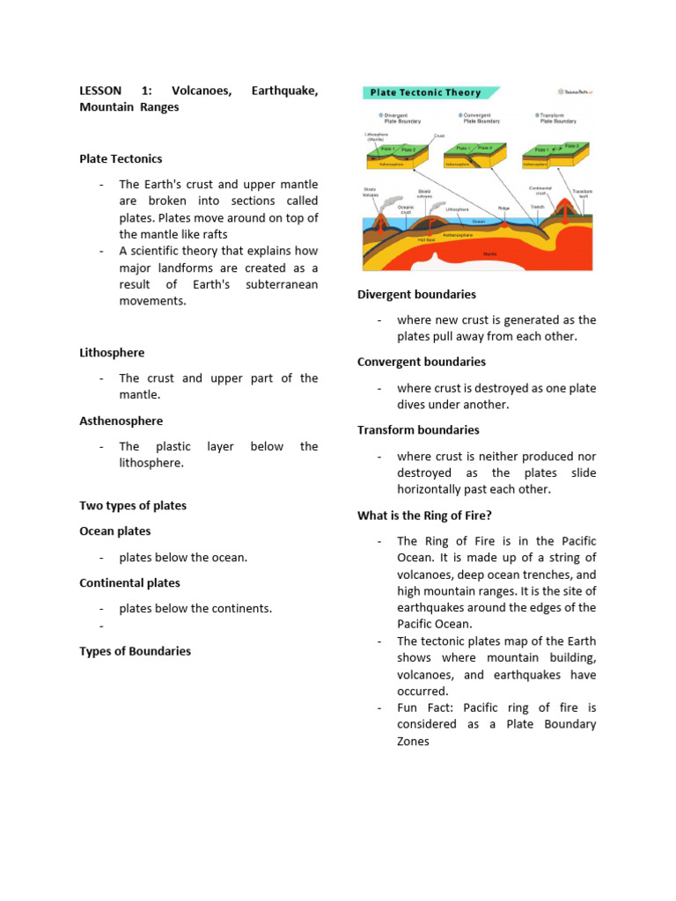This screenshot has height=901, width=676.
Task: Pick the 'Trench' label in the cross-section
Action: (537, 208)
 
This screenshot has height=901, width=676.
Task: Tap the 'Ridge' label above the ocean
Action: (503, 209)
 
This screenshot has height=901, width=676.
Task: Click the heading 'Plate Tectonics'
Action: (121, 159)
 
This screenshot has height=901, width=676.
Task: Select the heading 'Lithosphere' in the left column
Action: (112, 353)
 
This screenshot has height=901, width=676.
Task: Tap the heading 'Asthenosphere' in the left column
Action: (121, 421)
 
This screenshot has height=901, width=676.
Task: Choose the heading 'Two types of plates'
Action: (133, 506)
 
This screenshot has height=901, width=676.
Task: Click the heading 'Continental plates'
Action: (129, 583)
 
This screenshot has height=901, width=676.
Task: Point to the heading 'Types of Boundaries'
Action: (135, 652)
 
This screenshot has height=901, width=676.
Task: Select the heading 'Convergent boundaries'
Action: (421, 363)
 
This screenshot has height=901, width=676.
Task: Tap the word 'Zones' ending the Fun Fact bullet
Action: (413, 742)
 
